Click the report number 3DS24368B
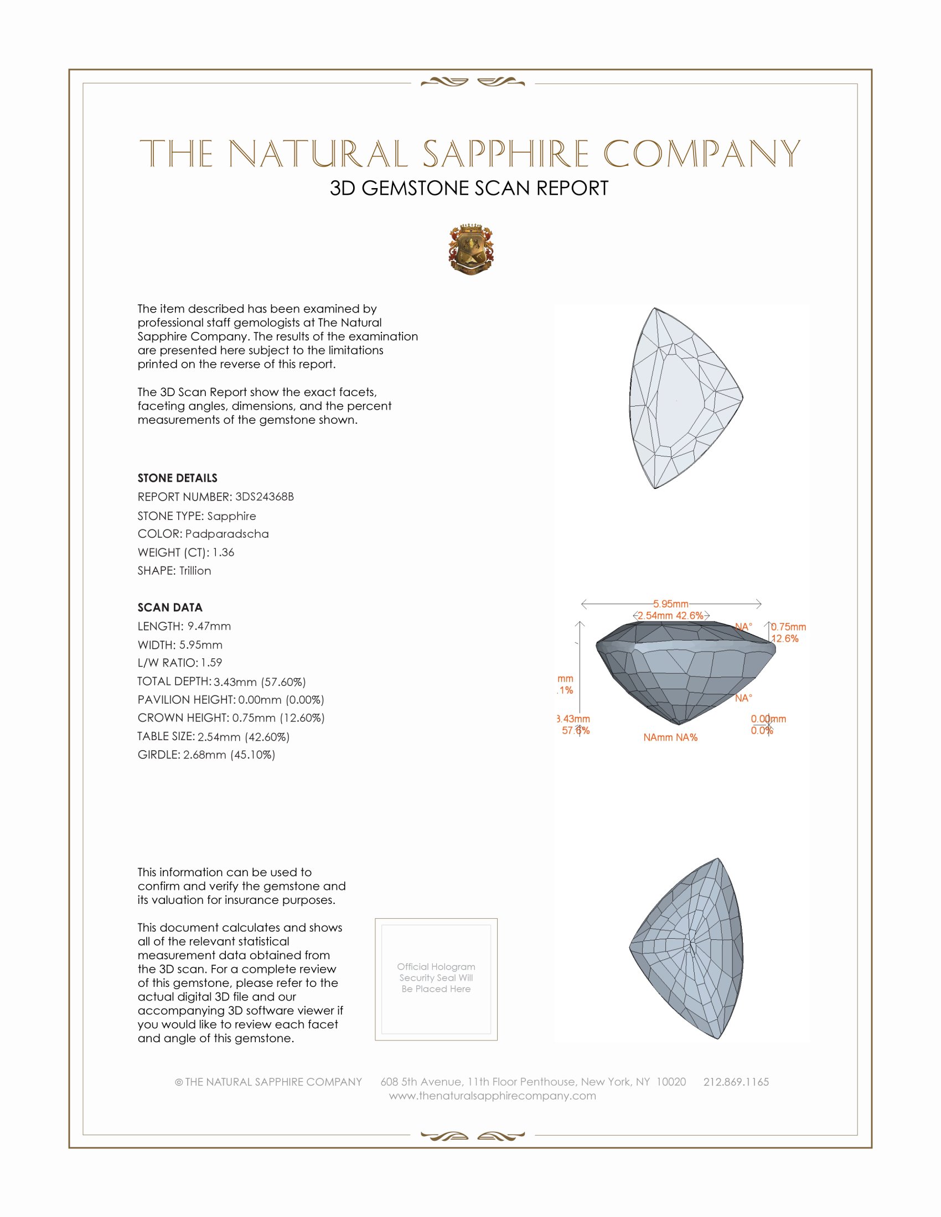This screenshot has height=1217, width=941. [264, 497]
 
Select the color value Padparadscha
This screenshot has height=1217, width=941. [227, 534]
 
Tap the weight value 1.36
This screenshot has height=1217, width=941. [223, 552]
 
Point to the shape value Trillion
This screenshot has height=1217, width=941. [195, 571]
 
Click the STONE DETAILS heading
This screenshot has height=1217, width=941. [177, 478]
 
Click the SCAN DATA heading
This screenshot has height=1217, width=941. [170, 607]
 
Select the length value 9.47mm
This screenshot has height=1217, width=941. [209, 626]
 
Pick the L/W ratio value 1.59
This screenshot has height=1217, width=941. [211, 663]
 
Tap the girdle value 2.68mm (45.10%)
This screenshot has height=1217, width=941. [229, 755]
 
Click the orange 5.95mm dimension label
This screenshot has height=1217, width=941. [671, 604]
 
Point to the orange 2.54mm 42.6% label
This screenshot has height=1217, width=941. [671, 616]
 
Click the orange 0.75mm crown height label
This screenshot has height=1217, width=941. [788, 627]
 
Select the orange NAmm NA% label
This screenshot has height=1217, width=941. [670, 738]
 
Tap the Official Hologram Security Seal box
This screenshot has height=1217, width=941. [436, 979]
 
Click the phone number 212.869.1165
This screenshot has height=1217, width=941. [736, 1082]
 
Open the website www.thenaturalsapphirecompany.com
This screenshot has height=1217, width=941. [492, 1096]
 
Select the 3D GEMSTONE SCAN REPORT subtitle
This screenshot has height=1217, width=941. [469, 188]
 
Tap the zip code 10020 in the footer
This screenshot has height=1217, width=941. [671, 1082]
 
